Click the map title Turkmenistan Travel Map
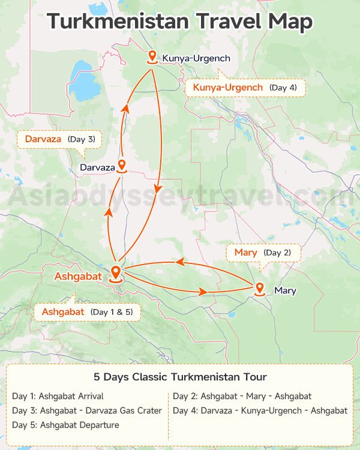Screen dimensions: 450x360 click(180, 22)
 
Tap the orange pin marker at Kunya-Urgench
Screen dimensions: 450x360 click(152, 57)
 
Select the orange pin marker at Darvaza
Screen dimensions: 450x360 click(122, 166)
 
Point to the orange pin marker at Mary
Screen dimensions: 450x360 click(260, 289)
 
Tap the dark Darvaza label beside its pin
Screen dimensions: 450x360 click(97, 167)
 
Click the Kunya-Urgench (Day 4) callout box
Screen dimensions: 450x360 click(246, 88)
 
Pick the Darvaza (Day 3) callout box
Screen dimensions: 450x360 click(60, 139)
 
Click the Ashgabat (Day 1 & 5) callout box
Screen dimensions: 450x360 click(87, 312)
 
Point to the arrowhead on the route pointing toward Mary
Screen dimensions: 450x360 click(203, 292)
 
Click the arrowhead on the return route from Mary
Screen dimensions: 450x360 click(179, 262)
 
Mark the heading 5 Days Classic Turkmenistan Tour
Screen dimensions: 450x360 click(180, 377)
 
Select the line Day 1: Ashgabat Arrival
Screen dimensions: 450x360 click(58, 396)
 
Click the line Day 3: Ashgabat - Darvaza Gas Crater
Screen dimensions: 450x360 click(87, 410)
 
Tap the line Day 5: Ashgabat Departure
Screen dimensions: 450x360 click(65, 425)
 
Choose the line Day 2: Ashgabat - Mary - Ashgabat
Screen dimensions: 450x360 click(242, 396)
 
